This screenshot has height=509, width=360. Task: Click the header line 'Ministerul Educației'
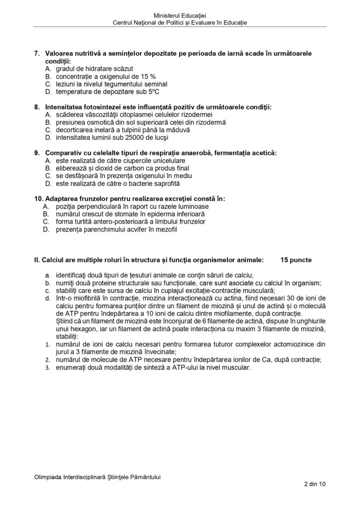(180, 16)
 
